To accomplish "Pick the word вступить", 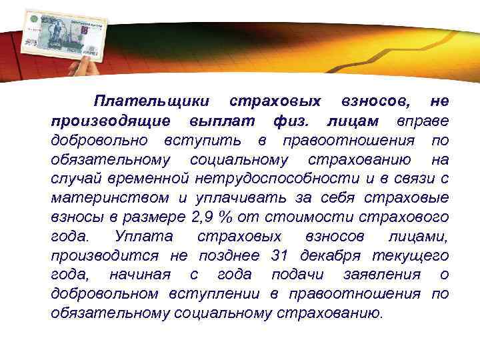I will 207,141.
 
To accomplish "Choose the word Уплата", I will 143,237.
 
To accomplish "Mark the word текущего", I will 414,255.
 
